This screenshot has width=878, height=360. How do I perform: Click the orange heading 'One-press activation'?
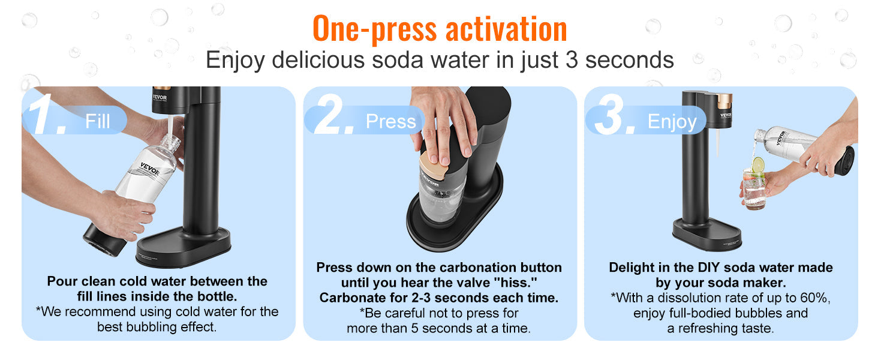440,28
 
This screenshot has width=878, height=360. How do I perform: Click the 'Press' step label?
390,122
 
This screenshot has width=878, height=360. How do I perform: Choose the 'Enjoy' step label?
672,122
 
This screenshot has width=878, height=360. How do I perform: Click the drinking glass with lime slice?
755,188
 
